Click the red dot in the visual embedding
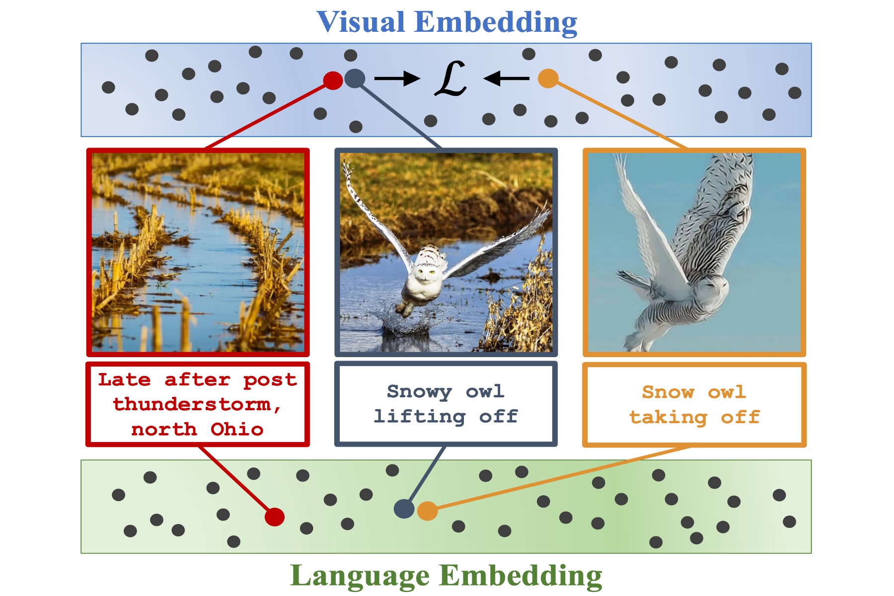click(x=333, y=80)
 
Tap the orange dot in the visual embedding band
click(x=548, y=78)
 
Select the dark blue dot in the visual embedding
click(x=355, y=78)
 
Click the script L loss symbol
click(x=451, y=78)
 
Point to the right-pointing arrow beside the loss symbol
click(x=397, y=78)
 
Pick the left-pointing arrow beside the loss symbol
click(x=506, y=78)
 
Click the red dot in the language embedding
click(x=274, y=517)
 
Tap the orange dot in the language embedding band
click(x=427, y=511)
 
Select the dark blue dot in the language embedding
click(x=404, y=509)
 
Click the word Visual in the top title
click(x=361, y=22)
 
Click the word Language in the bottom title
click(x=360, y=576)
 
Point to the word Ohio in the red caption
click(x=237, y=429)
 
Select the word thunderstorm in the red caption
click(x=192, y=404)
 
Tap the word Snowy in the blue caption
click(x=419, y=391)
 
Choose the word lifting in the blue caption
click(x=419, y=416)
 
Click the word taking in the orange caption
click(x=668, y=417)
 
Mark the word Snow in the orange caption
click(x=668, y=392)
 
